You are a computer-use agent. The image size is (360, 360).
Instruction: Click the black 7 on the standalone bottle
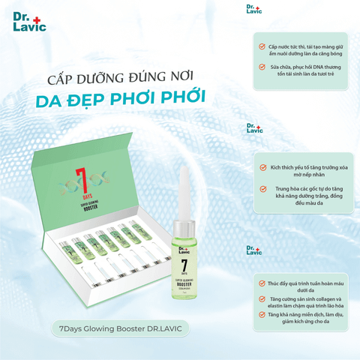tap(184, 268)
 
